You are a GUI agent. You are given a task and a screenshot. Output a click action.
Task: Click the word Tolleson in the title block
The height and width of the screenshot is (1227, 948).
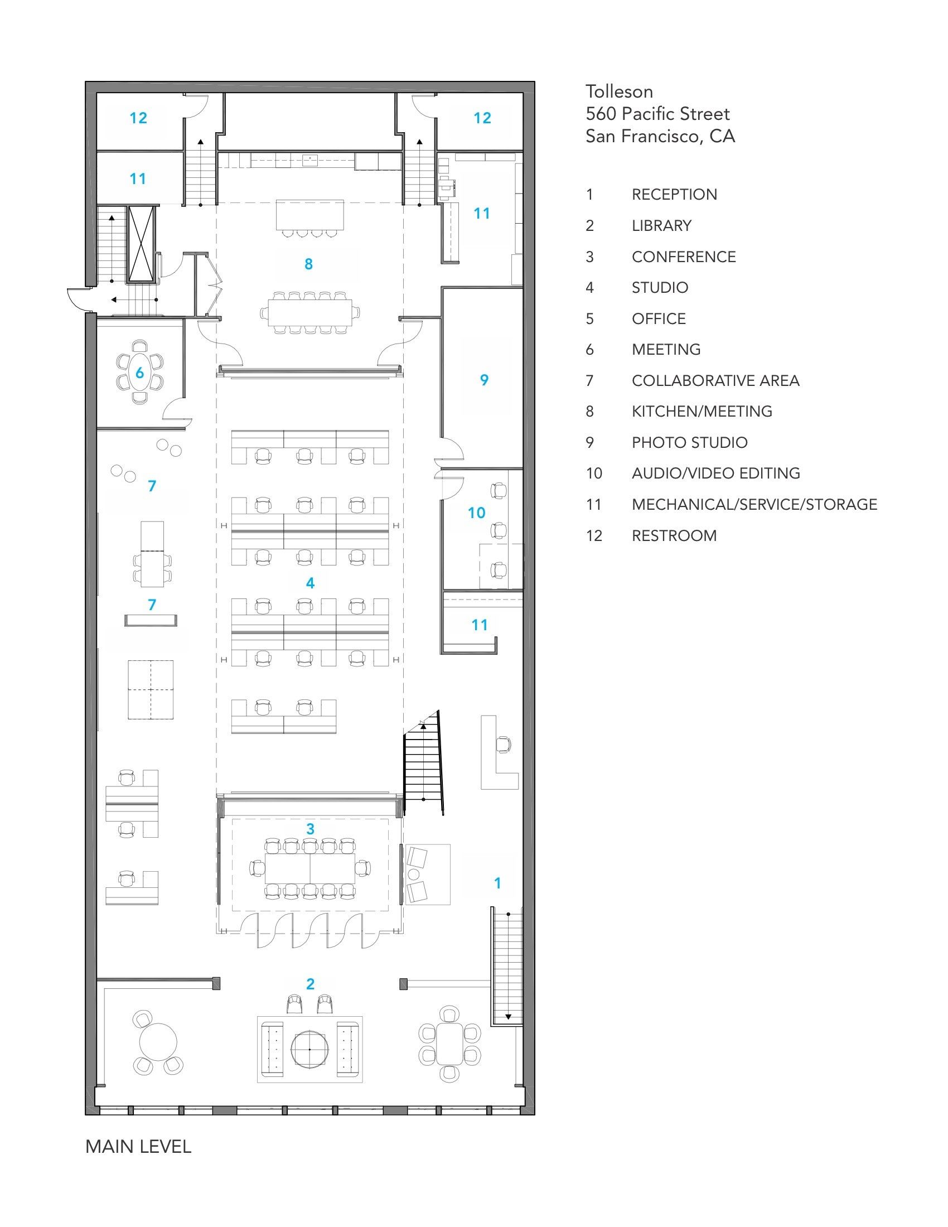[619, 91]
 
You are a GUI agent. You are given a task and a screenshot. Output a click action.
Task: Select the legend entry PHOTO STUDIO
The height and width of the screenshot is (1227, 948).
[690, 443]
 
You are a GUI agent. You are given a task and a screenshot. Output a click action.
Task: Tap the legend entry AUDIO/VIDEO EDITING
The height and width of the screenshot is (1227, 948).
[716, 474]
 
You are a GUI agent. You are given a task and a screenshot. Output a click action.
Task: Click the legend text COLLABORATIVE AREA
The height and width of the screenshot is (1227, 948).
[715, 381]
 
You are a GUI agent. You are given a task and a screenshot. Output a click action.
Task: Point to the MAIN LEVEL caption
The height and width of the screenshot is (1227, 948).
[138, 1147]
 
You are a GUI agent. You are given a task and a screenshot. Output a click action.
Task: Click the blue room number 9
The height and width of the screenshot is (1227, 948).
[484, 380]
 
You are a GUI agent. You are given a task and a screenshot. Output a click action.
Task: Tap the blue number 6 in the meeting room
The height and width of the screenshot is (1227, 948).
[139, 373]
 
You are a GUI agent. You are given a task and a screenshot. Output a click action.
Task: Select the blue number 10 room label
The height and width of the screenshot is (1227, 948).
[477, 513]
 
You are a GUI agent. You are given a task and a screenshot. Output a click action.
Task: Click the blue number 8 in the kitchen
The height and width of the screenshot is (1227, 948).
[308, 264]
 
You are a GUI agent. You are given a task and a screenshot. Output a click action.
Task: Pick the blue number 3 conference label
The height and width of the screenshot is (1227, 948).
[310, 829]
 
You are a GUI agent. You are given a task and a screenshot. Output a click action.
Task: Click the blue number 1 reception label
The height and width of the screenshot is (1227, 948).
[497, 883]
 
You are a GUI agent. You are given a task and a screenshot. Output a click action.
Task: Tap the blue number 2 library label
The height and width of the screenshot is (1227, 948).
[310, 984]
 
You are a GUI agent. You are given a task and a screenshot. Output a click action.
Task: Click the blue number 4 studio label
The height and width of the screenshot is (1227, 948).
[310, 583]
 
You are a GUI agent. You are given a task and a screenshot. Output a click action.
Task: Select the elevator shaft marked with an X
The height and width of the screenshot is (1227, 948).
[141, 243]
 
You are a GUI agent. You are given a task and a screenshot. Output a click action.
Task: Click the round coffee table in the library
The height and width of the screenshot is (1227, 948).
[309, 1049]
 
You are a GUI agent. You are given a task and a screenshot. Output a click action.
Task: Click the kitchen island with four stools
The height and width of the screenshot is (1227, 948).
[309, 214]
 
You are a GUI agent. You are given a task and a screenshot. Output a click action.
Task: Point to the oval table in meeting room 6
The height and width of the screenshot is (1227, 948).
[139, 373]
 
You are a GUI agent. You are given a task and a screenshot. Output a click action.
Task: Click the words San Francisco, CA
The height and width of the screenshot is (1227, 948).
[660, 137]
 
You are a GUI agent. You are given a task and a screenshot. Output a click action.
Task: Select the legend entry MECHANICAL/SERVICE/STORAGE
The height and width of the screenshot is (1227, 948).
[754, 505]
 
